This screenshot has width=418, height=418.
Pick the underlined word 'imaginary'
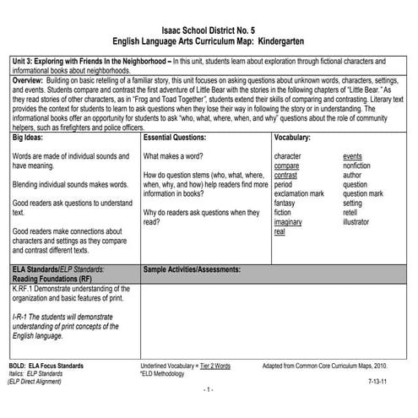pos(290,222)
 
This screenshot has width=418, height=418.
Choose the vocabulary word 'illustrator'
pos(361,222)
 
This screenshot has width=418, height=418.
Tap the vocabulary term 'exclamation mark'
pos(300,193)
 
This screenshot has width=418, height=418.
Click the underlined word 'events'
pos(353,156)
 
